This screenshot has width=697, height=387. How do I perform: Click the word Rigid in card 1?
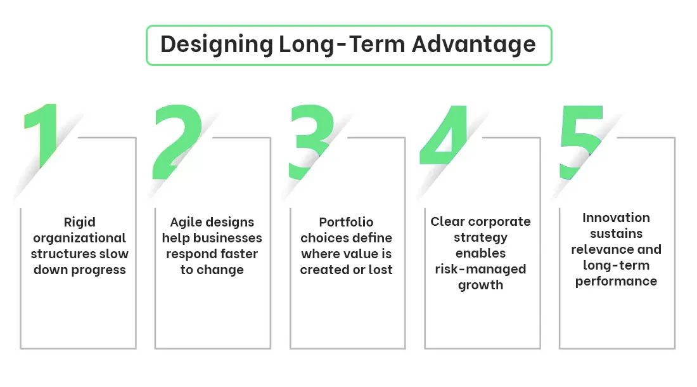click(79, 222)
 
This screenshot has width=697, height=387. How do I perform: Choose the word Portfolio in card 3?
click(346, 222)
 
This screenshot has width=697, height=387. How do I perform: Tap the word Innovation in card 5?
click(616, 218)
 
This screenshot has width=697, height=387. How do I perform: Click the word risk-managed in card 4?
click(480, 269)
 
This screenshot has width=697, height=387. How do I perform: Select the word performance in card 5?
click(616, 281)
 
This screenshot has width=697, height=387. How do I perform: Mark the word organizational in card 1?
click(79, 238)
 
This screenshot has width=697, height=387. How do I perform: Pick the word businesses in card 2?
click(228, 238)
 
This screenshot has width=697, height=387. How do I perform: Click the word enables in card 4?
click(480, 253)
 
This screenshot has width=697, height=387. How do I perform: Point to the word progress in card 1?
click(98, 270)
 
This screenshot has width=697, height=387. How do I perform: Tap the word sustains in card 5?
click(616, 233)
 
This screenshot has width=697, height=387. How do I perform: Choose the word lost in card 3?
click(380, 270)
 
